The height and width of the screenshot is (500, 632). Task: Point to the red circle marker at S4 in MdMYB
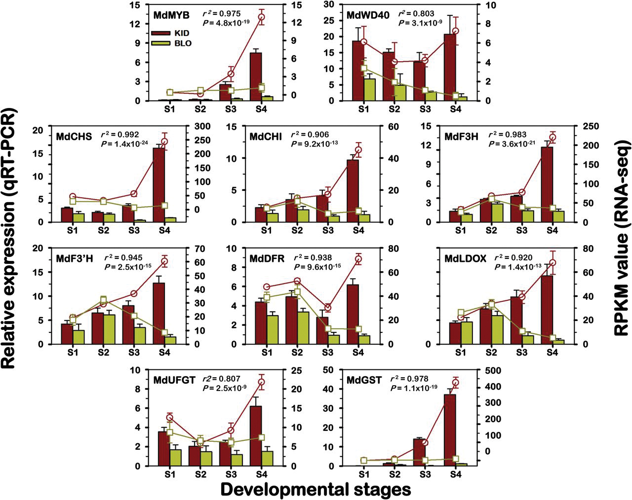pos(261,17)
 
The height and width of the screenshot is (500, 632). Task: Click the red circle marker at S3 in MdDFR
pos(328,308)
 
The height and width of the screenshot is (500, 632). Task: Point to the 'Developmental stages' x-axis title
pos(316,490)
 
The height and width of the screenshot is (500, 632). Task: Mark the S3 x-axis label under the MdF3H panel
pos(521,230)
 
